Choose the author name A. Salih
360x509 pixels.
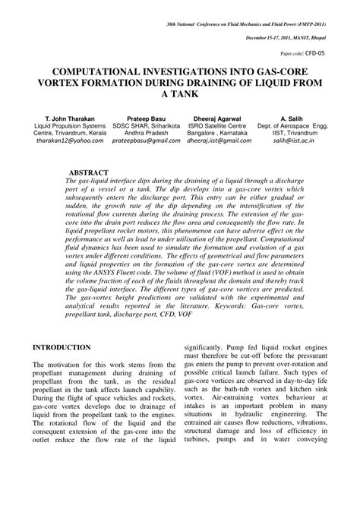(292, 119)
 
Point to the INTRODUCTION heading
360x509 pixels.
(62, 347)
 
